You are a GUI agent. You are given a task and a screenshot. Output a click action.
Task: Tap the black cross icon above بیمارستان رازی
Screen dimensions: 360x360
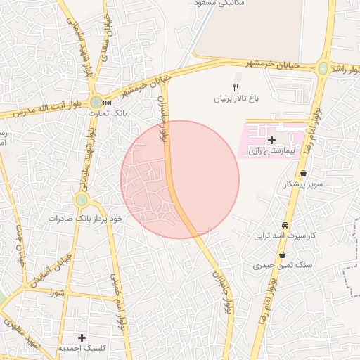click(x=272, y=141)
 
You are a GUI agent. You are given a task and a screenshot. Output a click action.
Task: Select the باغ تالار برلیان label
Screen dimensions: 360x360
click(x=237, y=99)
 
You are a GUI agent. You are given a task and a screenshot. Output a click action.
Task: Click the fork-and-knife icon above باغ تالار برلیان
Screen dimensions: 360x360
click(x=236, y=88)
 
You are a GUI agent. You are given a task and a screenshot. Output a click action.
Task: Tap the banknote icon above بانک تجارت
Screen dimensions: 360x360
click(x=107, y=102)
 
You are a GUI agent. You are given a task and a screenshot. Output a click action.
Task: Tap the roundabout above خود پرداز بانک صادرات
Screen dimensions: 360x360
click(x=82, y=200)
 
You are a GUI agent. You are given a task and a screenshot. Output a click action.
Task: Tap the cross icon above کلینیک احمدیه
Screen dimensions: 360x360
click(x=82, y=337)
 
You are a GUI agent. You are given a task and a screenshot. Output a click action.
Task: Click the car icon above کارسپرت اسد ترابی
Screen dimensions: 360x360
click(x=285, y=225)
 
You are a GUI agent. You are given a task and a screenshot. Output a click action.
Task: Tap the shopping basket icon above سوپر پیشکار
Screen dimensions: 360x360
click(x=303, y=174)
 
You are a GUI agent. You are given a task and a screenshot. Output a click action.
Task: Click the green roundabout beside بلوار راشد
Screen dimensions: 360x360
click(x=323, y=68)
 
